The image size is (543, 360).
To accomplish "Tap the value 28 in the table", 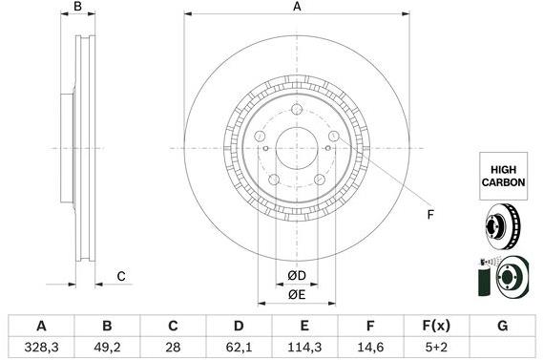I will tap(173, 348).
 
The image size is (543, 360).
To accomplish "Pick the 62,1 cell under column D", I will tap(240, 348).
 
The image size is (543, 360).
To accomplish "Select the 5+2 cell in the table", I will tap(435, 348).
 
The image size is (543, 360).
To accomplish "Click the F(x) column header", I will tap(435, 326).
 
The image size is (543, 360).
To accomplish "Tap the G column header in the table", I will tap(502, 326).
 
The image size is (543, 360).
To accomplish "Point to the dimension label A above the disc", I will tap(297, 8).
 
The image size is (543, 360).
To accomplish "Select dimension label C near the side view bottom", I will tap(121, 277).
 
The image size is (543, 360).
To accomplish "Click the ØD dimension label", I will tap(297, 277).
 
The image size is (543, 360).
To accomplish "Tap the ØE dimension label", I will tap(297, 295).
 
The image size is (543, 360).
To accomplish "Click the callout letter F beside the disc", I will tap(430, 214).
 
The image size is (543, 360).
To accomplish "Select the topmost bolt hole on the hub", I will tap(297, 110).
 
